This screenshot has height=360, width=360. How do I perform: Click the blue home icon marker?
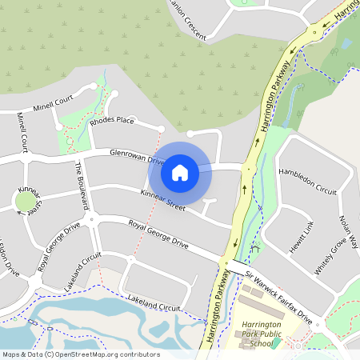[180, 172]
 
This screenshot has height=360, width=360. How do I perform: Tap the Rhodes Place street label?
[112, 121]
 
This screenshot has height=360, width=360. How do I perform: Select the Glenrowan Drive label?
[137, 154]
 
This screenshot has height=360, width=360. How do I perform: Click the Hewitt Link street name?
[302, 236]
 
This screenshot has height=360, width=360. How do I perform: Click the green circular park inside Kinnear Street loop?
[30, 202]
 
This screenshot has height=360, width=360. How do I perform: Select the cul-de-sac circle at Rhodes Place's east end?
[162, 128]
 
